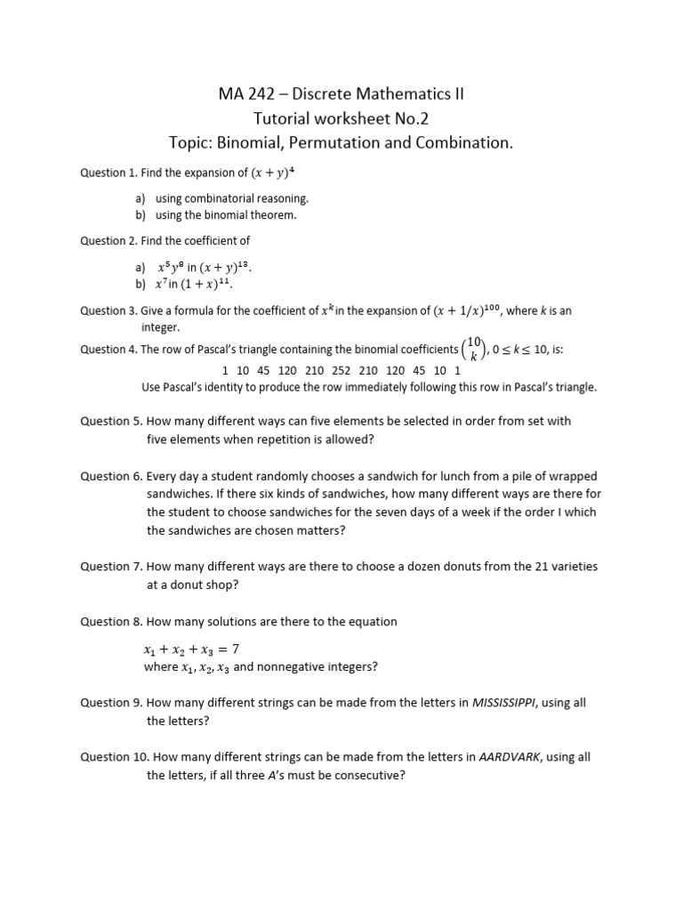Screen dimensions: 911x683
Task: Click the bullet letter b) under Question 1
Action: pyautogui.click(x=141, y=214)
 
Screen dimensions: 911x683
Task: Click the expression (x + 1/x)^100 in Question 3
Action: pyautogui.click(x=469, y=310)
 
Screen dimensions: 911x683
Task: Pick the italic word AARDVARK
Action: pyautogui.click(x=510, y=756)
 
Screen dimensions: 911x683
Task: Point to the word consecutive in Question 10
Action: pyautogui.click(x=369, y=775)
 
